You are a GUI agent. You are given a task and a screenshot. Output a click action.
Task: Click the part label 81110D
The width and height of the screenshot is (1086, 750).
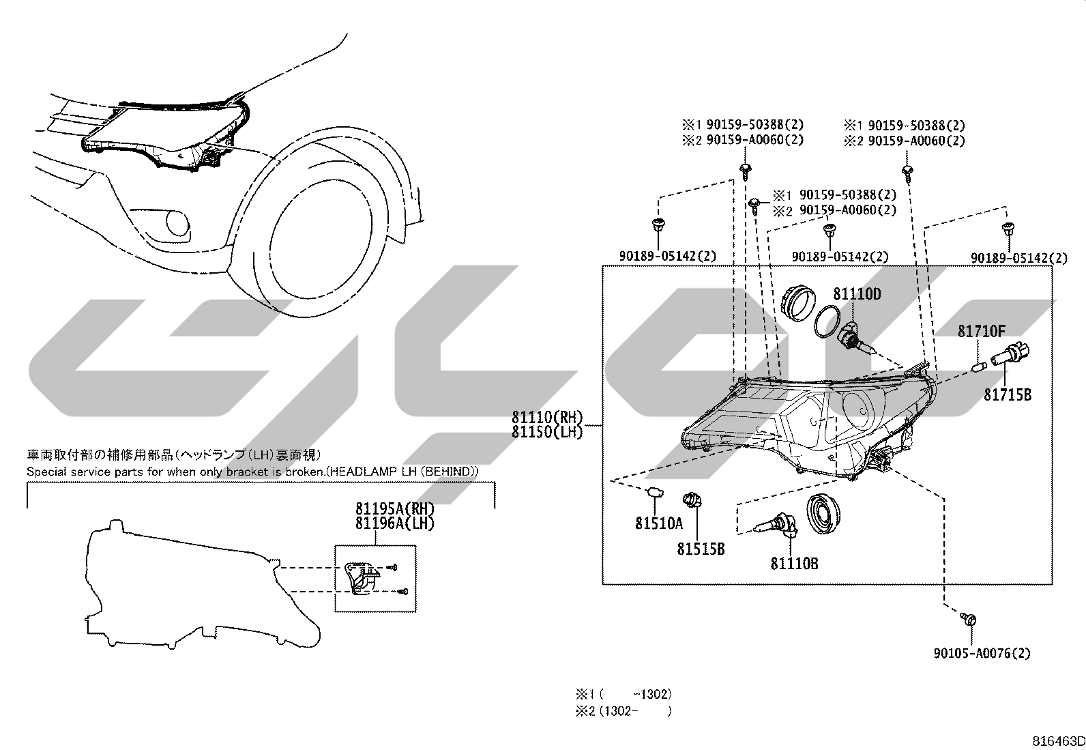click(x=857, y=294)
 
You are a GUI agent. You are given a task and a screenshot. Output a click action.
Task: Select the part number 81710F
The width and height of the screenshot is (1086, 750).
click(x=981, y=332)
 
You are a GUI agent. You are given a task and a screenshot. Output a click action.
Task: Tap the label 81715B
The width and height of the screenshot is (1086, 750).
click(x=1008, y=395)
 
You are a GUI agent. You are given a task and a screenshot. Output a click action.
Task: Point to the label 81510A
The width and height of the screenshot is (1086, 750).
click(x=659, y=523)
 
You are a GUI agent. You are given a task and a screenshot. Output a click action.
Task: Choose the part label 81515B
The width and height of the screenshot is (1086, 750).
click(x=701, y=549)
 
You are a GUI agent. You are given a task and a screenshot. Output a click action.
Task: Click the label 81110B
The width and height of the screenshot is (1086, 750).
click(x=794, y=563)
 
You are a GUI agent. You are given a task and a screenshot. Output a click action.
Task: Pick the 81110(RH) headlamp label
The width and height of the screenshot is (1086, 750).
click(x=547, y=417)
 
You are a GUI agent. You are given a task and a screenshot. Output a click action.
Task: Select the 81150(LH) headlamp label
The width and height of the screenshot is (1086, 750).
click(x=547, y=432)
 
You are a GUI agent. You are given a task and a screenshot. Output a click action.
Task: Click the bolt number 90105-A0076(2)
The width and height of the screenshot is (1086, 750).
click(x=982, y=654)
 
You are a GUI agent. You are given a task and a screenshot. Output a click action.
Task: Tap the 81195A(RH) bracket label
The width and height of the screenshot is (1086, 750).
click(x=395, y=508)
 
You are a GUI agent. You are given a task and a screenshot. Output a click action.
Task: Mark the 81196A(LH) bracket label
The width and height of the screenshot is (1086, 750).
click(x=395, y=523)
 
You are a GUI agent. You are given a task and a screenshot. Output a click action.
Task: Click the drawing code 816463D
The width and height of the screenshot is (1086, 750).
click(x=1058, y=741)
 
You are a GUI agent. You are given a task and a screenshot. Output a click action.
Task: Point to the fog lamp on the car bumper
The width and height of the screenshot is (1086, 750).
click(x=178, y=224)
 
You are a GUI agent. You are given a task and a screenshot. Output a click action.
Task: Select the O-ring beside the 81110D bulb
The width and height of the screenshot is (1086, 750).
click(x=488, y=321)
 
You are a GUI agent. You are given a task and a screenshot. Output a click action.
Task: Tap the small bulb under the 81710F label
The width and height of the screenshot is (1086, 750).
click(x=980, y=366)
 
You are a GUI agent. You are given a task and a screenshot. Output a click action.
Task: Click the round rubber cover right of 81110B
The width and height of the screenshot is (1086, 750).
click(x=823, y=514)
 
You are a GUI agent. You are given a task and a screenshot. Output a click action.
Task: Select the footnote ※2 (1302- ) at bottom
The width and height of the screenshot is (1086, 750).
click(x=623, y=711)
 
